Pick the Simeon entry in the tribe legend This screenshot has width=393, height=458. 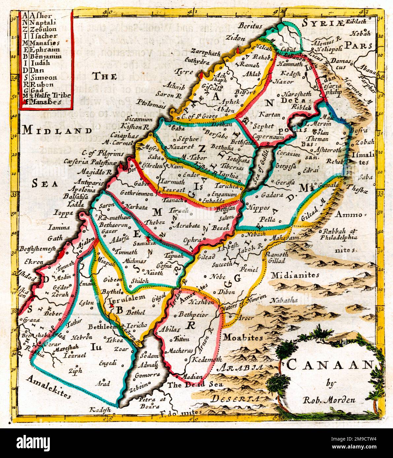(43, 78)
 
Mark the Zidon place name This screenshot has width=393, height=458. (235, 38)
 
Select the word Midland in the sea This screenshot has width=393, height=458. (57, 130)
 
